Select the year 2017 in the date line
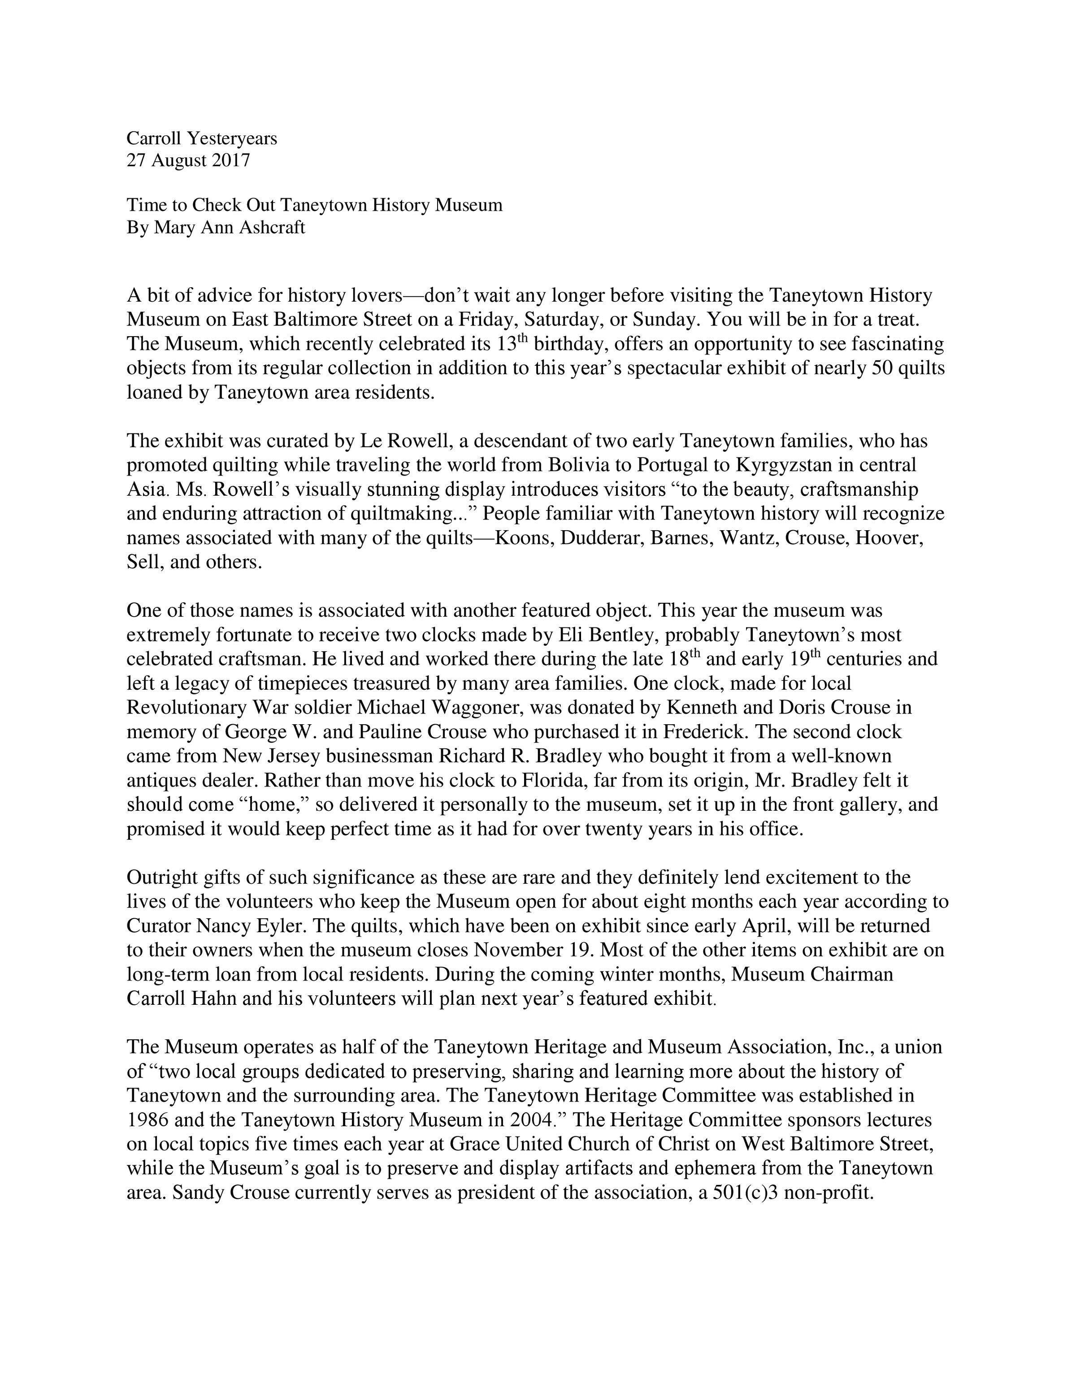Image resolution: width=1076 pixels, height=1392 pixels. coord(231,160)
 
